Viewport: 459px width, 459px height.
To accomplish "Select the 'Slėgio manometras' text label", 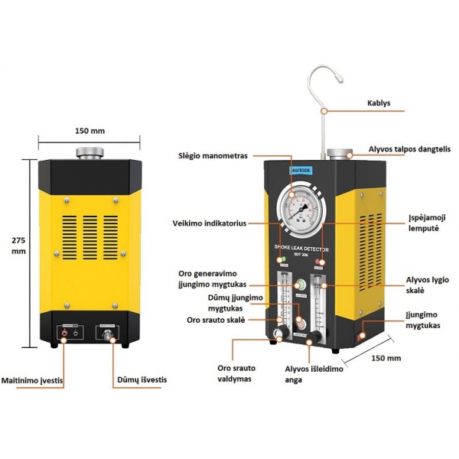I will click(x=213, y=156).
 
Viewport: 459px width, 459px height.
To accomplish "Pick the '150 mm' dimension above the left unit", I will click(x=90, y=130).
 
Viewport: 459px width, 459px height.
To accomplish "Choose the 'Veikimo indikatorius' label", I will click(x=209, y=223).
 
